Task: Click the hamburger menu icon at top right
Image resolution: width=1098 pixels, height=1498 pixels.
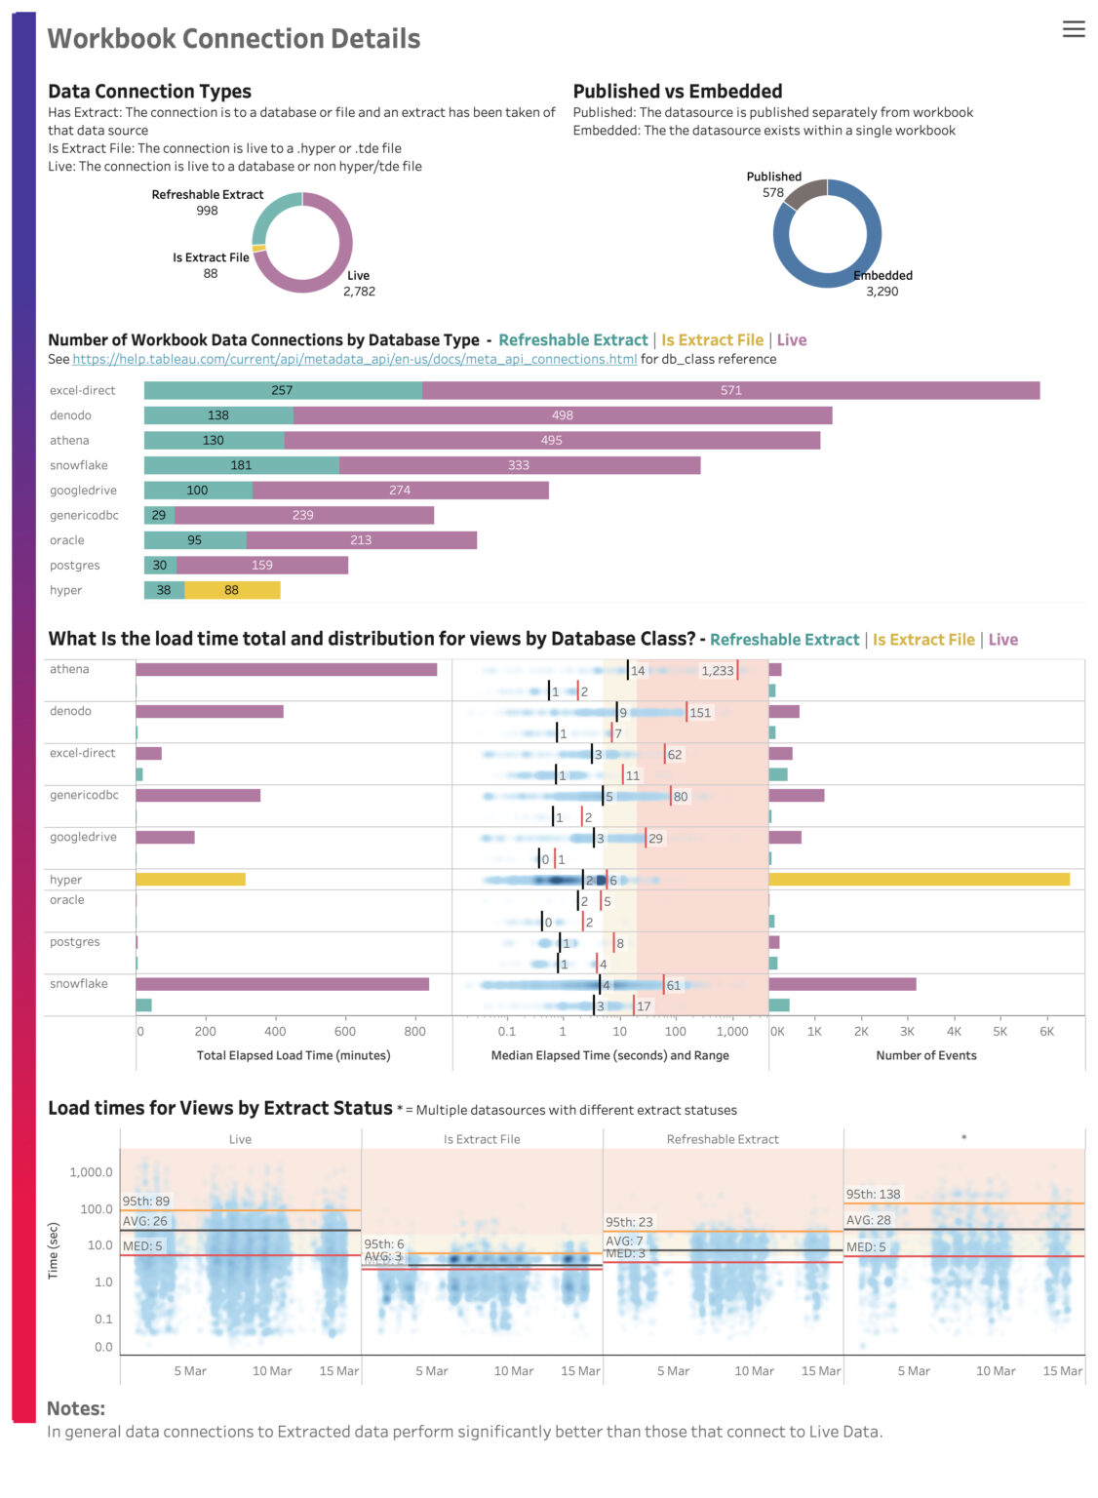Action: [1073, 29]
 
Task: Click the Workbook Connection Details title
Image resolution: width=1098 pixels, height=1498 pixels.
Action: [234, 39]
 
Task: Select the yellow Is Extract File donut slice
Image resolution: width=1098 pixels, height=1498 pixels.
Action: [258, 249]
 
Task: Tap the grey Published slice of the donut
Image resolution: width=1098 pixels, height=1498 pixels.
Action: [804, 193]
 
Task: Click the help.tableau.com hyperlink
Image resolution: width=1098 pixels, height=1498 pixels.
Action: [354, 359]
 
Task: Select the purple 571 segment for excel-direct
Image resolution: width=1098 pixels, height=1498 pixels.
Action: [730, 390]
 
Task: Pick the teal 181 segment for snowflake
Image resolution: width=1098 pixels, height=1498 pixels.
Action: [241, 465]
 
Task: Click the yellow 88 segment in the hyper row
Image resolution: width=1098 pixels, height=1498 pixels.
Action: [232, 590]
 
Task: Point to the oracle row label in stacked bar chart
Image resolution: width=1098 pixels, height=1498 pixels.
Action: [67, 540]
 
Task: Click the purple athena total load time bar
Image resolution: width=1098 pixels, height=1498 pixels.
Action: [286, 670]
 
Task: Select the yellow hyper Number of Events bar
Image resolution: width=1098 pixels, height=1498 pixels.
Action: [919, 880]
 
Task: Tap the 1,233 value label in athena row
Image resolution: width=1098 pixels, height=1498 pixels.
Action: [717, 671]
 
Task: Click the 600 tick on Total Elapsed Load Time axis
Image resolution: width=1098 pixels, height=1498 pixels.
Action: [345, 1031]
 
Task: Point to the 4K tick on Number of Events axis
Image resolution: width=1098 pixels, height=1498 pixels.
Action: [954, 1031]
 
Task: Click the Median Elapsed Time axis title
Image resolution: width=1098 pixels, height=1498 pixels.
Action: [609, 1055]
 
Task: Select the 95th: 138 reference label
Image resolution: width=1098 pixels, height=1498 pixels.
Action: [873, 1194]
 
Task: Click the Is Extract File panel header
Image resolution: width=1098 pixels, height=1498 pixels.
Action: [482, 1139]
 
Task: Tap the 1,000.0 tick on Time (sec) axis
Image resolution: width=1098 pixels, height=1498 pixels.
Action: [91, 1172]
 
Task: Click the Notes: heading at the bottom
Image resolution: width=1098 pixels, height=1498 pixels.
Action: [76, 1408]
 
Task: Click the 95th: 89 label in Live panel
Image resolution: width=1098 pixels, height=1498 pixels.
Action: [146, 1202]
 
